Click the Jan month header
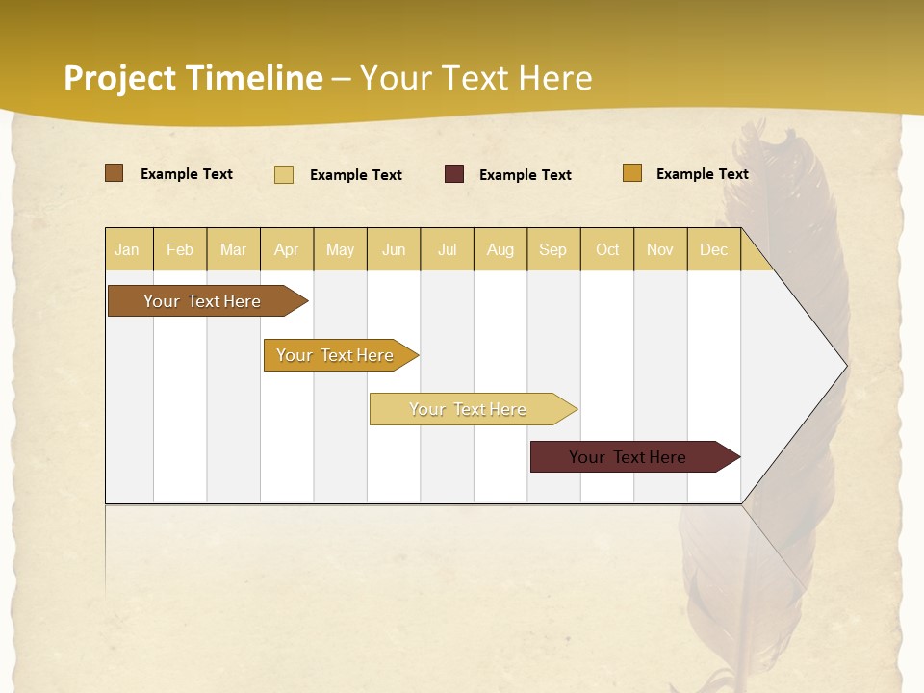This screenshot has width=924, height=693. (128, 249)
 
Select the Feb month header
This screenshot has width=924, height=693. (180, 249)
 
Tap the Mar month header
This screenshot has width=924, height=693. (233, 249)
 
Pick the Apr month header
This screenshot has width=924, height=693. (287, 249)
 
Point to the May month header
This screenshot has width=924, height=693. (340, 249)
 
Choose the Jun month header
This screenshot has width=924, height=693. (394, 249)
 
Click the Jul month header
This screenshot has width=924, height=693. (447, 249)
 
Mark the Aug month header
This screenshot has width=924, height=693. (500, 249)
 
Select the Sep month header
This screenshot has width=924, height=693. (553, 249)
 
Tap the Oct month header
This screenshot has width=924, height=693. (607, 249)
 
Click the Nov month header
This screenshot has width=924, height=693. (660, 249)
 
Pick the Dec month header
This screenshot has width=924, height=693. (714, 249)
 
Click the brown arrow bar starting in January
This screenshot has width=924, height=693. (202, 301)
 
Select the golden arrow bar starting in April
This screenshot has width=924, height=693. (335, 355)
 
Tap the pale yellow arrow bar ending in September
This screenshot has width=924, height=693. (468, 409)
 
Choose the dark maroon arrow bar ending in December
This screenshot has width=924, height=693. (628, 457)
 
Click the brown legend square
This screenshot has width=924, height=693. (115, 173)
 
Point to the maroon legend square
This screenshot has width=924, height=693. (454, 174)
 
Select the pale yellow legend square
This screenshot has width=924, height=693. (284, 174)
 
